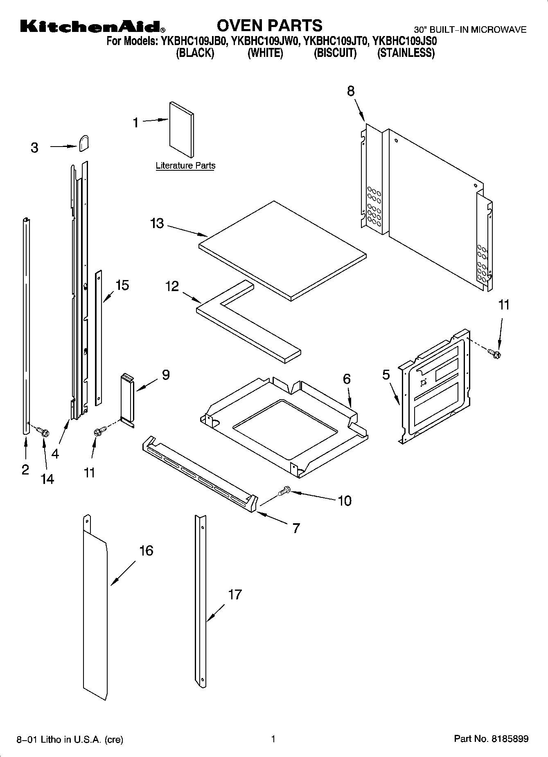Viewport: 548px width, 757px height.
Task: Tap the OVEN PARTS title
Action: pos(269,25)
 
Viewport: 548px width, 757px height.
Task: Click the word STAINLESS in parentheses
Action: pos(406,53)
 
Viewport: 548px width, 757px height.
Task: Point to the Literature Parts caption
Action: pos(185,166)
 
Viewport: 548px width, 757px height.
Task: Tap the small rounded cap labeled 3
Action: pos(83,143)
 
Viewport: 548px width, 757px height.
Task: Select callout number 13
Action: pos(157,224)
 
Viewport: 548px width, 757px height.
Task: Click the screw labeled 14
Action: pos(43,431)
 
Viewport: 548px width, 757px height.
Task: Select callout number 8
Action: pos(351,91)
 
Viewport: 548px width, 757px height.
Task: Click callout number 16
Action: pos(146,551)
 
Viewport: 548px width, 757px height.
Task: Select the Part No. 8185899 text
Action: pos(491,739)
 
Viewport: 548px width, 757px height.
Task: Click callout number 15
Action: pos(122,285)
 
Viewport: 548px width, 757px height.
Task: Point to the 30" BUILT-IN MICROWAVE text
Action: pos(470,29)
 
